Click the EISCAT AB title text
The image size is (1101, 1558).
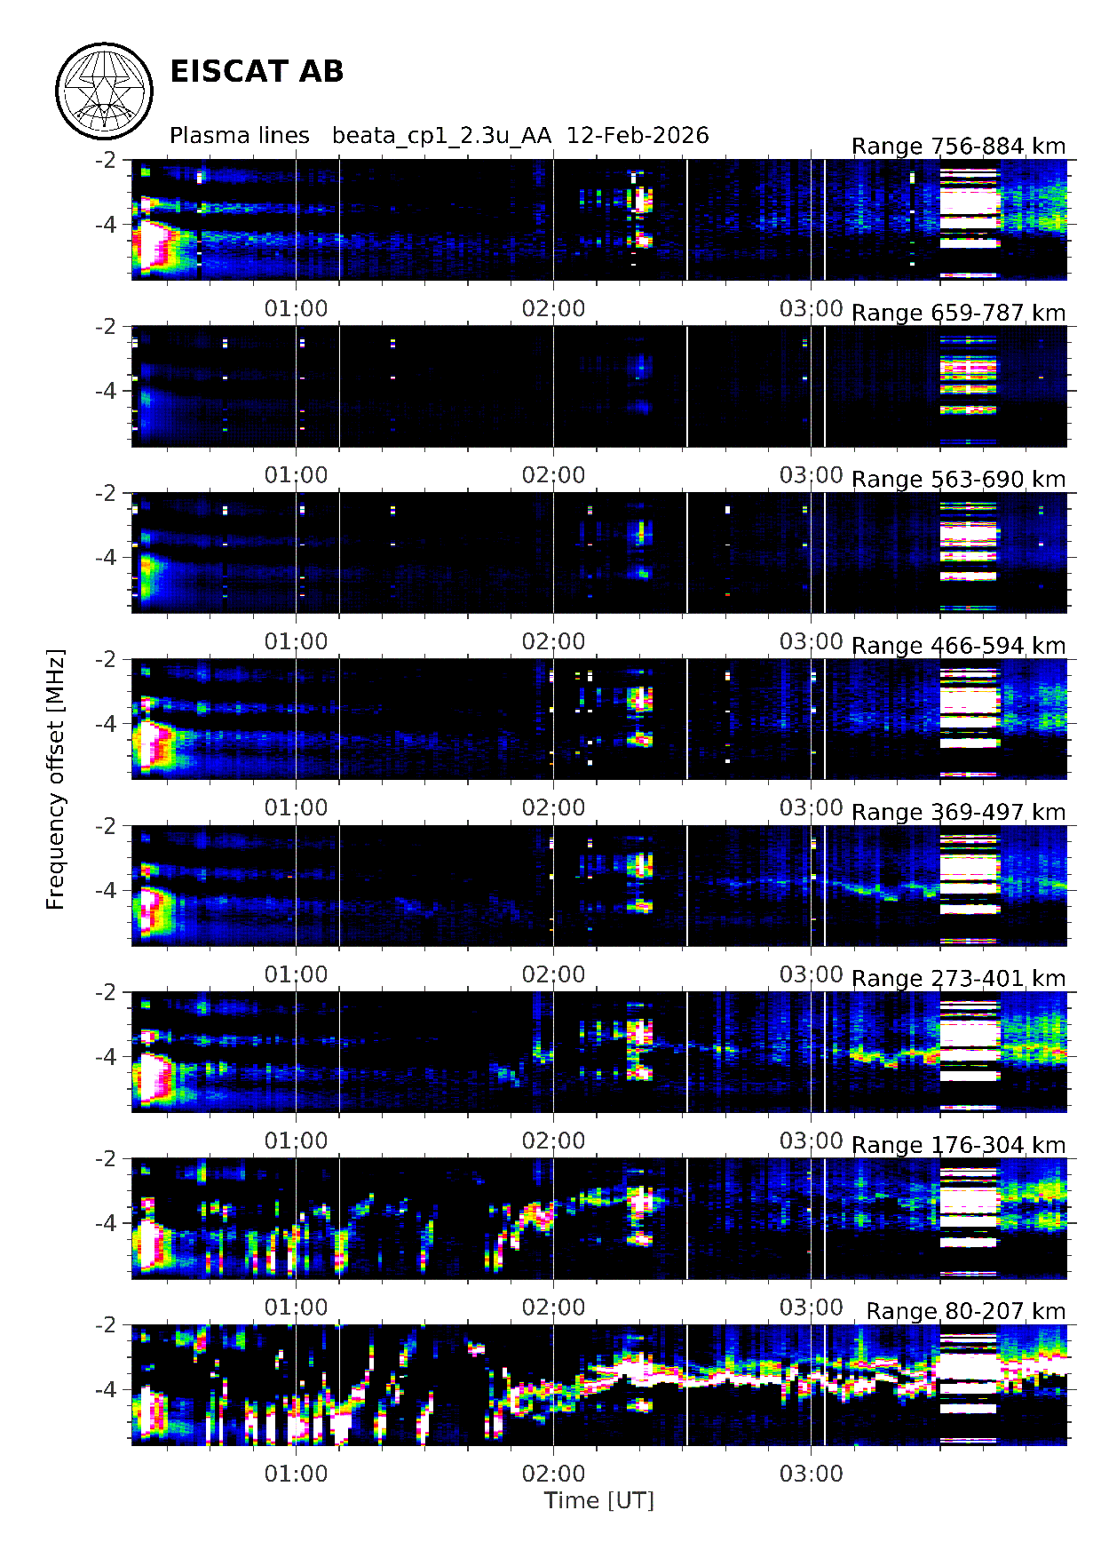[x=257, y=72]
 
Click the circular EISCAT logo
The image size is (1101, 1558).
[x=105, y=91]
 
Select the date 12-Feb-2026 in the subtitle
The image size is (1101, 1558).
[x=638, y=136]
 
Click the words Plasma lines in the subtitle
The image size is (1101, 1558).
[x=240, y=136]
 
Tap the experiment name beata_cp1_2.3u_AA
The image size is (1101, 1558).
[x=441, y=136]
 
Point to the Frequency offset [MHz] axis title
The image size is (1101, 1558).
[x=56, y=779]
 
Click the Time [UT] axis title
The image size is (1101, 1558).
[x=598, y=1500]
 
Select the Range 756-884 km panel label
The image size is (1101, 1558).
[x=958, y=147]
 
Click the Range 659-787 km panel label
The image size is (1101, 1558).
[x=958, y=313]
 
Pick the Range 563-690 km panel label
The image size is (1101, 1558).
[x=958, y=480]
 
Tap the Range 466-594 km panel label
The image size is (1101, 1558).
[x=958, y=646]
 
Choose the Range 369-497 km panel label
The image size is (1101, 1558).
[x=958, y=812]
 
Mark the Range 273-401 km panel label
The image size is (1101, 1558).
[x=958, y=978]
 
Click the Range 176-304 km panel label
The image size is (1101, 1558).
[x=958, y=1145]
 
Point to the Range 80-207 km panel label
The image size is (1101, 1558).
[x=965, y=1311]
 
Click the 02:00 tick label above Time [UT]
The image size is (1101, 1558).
[x=553, y=1474]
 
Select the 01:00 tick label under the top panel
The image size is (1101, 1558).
[x=296, y=308]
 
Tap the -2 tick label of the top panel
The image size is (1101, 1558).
[x=106, y=160]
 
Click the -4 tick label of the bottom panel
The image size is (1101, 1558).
[x=106, y=1389]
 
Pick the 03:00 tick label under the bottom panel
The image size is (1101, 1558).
[x=811, y=1474]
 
